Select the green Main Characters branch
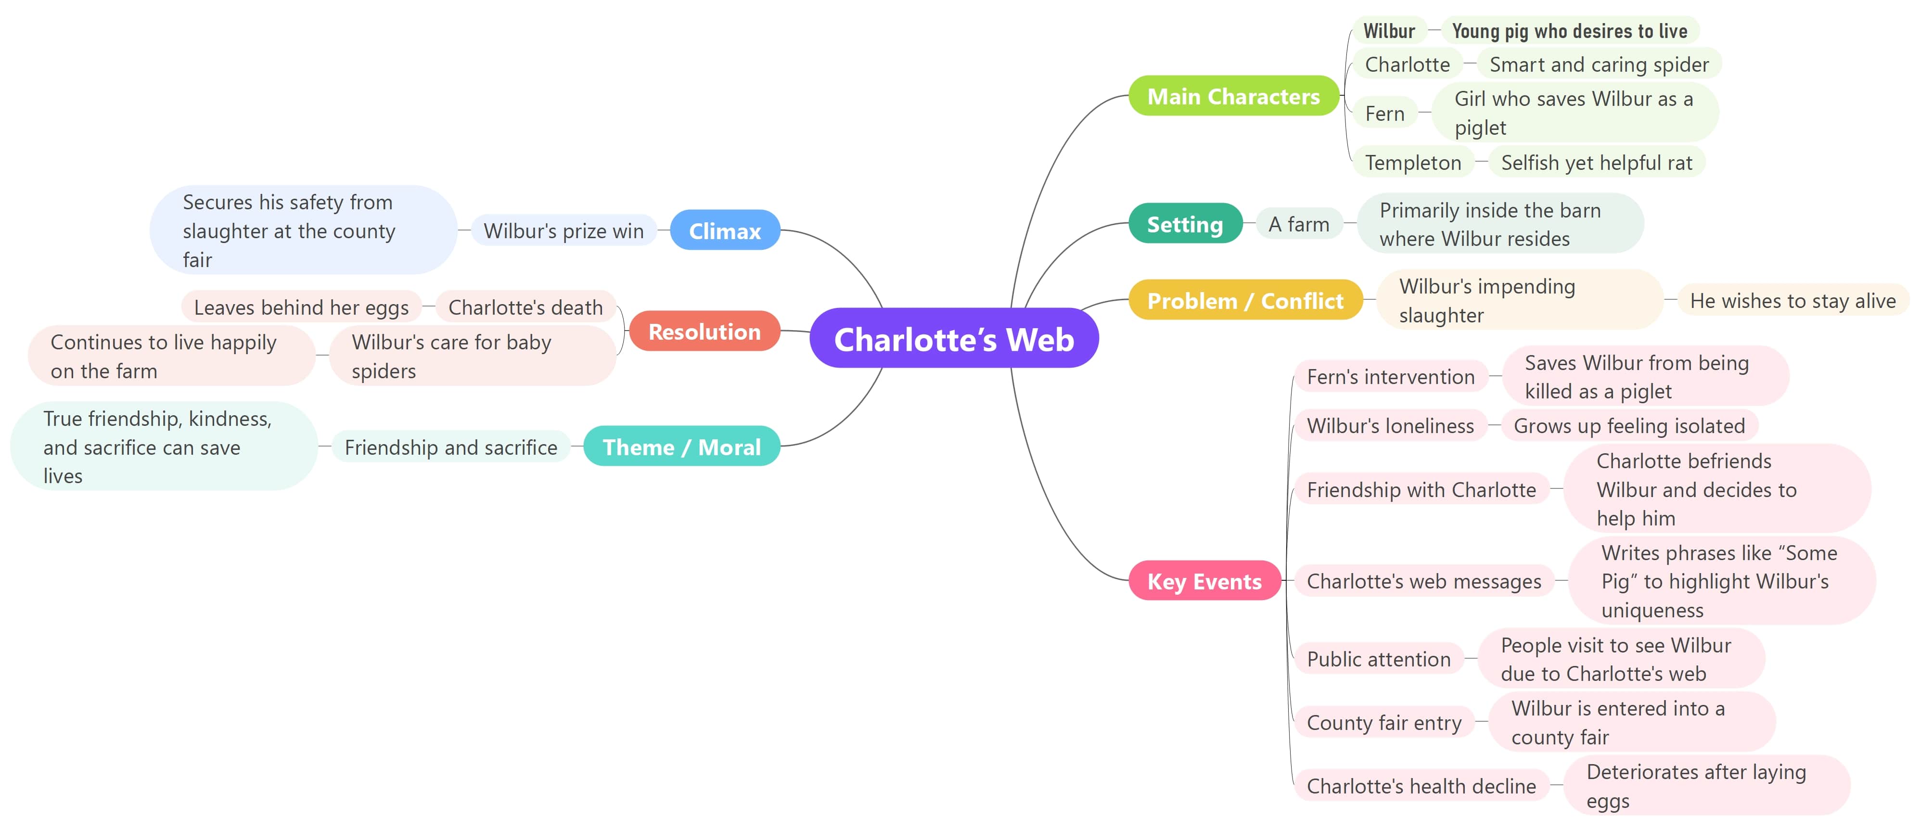[1233, 96]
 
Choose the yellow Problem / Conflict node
[1245, 300]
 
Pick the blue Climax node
[725, 230]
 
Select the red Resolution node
[704, 331]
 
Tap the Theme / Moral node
[681, 447]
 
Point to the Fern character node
[1384, 113]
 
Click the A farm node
[1298, 224]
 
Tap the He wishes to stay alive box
[1792, 300]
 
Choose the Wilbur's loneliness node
[1390, 425]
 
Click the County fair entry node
[1384, 722]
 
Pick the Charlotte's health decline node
[1421, 786]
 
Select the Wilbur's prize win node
[563, 230]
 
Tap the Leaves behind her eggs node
[301, 307]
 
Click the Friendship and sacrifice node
[451, 447]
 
